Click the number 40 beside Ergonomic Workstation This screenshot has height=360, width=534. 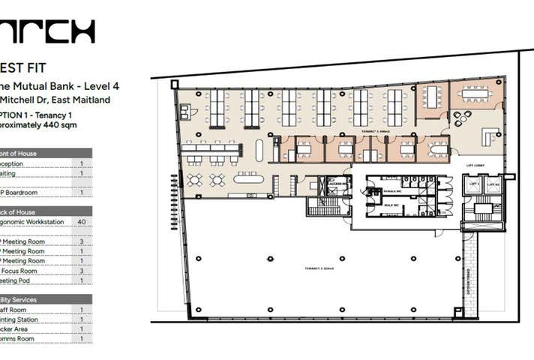(x=81, y=222)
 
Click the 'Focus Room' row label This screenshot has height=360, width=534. (x=16, y=271)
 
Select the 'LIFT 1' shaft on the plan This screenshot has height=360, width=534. (x=473, y=184)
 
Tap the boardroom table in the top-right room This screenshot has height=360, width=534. (x=475, y=94)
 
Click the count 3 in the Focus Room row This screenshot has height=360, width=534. (x=81, y=271)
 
